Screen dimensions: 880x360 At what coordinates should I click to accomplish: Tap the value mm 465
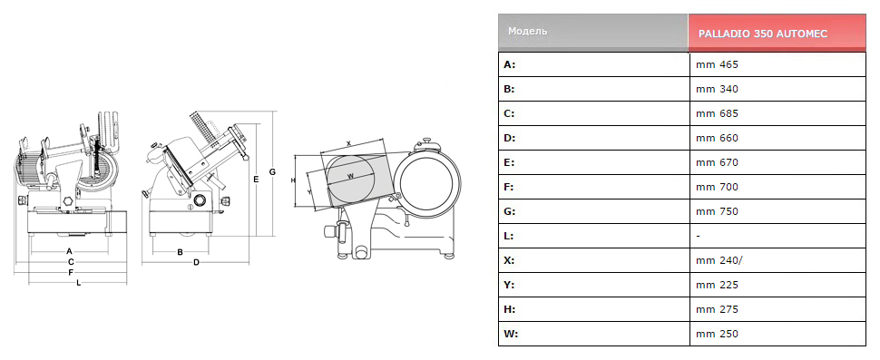coord(717,64)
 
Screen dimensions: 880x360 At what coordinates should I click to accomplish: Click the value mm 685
coord(717,113)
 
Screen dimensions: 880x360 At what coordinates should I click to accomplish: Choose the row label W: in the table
coord(510,335)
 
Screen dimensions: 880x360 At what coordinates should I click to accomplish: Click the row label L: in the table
coord(508,236)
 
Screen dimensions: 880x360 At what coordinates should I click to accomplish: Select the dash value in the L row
coord(698,237)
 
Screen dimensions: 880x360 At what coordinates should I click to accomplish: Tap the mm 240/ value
coord(719,261)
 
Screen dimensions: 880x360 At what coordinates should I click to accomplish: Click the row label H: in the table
coord(510,309)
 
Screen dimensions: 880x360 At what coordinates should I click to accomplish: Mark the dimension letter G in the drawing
coord(272,171)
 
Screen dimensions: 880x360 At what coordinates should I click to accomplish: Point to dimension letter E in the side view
coord(256,180)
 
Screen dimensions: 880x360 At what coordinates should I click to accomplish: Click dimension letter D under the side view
coord(197,262)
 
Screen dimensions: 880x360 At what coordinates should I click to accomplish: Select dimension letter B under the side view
coord(181,252)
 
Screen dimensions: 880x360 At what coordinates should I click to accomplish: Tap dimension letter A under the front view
coord(70,250)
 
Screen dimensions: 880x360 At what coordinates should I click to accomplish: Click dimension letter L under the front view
coord(79,283)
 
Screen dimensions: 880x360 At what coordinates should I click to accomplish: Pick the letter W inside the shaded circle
coord(351,176)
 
